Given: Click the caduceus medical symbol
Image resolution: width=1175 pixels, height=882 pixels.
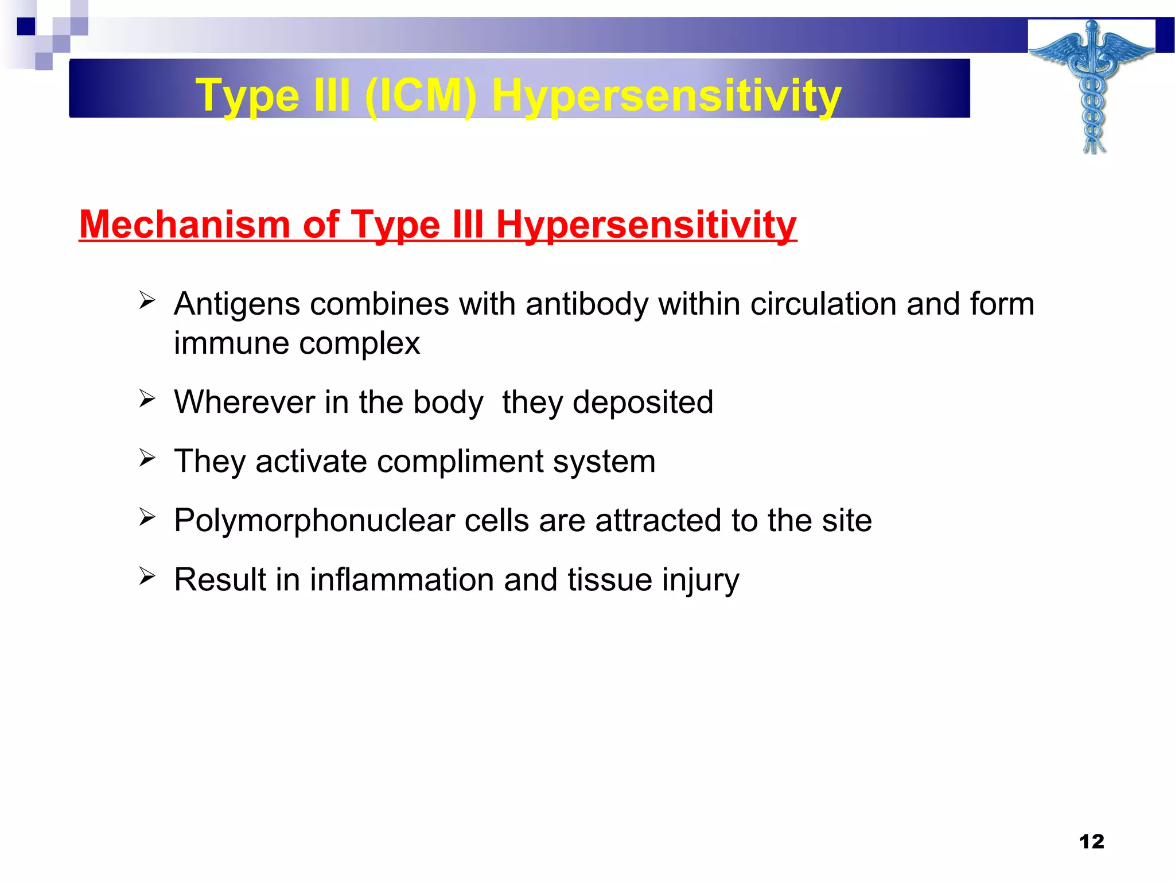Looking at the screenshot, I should tap(1092, 86).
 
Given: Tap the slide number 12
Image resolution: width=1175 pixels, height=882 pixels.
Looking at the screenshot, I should tap(1091, 841).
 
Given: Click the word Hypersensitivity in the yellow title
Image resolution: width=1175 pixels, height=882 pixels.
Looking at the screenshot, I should tap(666, 95).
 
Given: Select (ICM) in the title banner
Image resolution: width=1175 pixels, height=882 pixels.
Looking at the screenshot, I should tap(420, 95).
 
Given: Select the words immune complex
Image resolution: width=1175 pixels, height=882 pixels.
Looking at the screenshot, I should tap(297, 343).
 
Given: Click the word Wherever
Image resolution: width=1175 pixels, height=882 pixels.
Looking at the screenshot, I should tap(244, 402).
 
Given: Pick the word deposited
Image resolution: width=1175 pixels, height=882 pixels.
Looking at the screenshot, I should tap(643, 402).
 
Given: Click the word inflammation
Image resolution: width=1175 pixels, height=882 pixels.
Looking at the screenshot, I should tap(402, 579).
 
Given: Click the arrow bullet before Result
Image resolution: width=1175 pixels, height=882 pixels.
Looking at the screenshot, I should tap(147, 575).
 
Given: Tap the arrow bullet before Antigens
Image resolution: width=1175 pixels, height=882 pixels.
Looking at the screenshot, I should tap(147, 300).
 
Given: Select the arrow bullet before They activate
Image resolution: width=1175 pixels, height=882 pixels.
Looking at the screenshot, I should tap(147, 458).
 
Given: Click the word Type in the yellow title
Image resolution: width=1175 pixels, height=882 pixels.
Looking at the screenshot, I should tap(247, 95).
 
